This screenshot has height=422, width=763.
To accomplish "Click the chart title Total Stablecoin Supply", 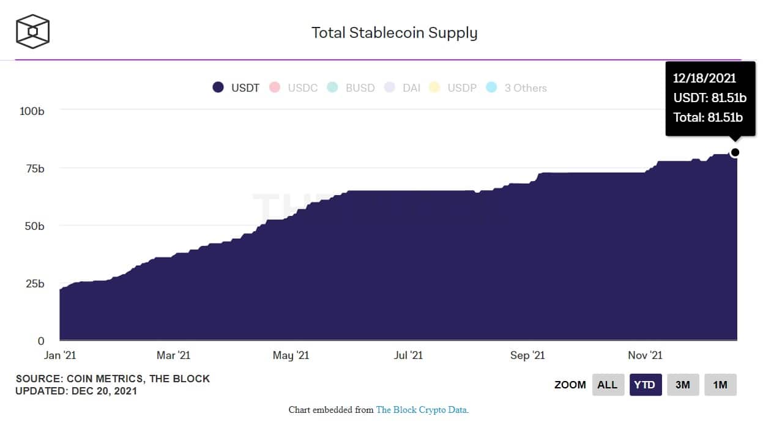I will (x=394, y=32).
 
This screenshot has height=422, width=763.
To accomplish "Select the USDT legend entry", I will (x=236, y=87).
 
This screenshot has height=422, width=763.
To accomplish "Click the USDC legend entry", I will (x=295, y=87).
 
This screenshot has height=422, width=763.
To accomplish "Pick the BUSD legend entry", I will (x=352, y=87).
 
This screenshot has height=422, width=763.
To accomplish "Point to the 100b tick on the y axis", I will (x=32, y=111).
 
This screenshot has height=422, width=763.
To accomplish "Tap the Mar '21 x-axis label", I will (x=174, y=355).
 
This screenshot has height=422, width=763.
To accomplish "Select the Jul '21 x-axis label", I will (x=408, y=355).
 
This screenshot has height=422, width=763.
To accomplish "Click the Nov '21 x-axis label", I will (x=645, y=355).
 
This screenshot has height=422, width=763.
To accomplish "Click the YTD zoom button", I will (x=646, y=385).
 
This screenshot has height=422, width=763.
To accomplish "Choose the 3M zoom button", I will (x=683, y=385).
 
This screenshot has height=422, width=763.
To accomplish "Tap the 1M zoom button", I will (x=720, y=385).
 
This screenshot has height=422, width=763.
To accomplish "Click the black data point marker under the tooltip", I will (x=735, y=152).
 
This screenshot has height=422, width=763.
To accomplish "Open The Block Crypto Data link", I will (x=422, y=410).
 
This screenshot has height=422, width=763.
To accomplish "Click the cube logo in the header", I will (x=32, y=31).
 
